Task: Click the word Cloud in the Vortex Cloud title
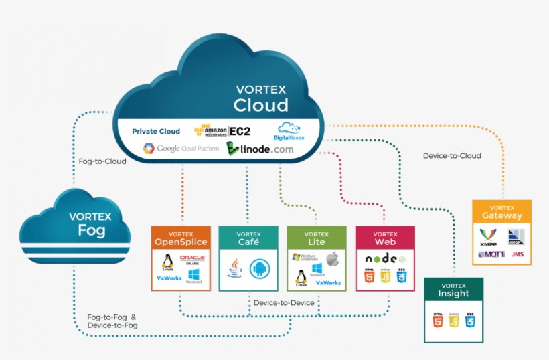click(260, 105)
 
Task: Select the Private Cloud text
click(156, 131)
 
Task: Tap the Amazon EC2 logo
click(222, 130)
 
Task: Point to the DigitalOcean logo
click(289, 130)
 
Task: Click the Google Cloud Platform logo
click(179, 148)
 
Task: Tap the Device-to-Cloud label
click(452, 156)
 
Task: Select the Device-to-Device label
click(285, 303)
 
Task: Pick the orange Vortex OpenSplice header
click(181, 238)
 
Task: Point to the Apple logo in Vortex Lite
click(333, 258)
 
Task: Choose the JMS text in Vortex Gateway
click(517, 254)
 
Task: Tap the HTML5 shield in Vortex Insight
click(438, 321)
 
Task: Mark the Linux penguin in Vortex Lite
click(301, 277)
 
